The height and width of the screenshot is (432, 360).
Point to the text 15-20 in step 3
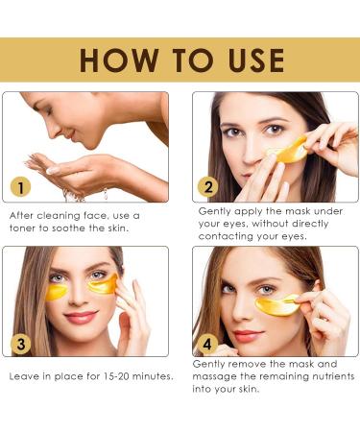pyautogui.click(x=101, y=375)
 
